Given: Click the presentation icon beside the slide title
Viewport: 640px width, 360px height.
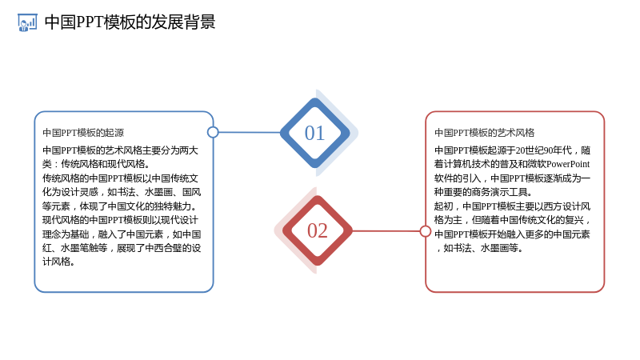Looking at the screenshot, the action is [27, 22].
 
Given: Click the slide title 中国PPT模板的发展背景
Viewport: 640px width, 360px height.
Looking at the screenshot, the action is [130, 22].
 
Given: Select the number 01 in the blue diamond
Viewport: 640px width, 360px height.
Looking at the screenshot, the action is [314, 133].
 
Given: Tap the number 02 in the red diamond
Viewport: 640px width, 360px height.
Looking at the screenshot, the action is [317, 230].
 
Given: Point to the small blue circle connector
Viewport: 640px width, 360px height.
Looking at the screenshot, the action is [213, 132].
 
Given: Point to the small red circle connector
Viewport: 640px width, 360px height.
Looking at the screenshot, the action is [426, 231].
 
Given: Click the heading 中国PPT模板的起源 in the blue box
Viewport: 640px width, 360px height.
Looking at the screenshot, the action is [83, 133].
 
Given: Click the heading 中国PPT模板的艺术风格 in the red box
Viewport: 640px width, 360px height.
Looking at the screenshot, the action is [485, 133].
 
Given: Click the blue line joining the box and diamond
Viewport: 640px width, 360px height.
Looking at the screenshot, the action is [250, 132].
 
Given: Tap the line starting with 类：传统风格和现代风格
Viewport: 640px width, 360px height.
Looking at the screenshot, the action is [96, 164].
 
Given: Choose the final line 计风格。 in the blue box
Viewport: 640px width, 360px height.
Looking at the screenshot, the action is [58, 262].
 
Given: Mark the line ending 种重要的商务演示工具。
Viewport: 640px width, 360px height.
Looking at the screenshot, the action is [483, 192].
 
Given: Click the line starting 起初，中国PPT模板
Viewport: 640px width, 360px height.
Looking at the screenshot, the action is [512, 206].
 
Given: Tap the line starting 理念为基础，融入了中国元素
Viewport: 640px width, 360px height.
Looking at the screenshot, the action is [122, 234].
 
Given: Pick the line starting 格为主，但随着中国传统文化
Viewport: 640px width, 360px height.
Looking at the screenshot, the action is [512, 220].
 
